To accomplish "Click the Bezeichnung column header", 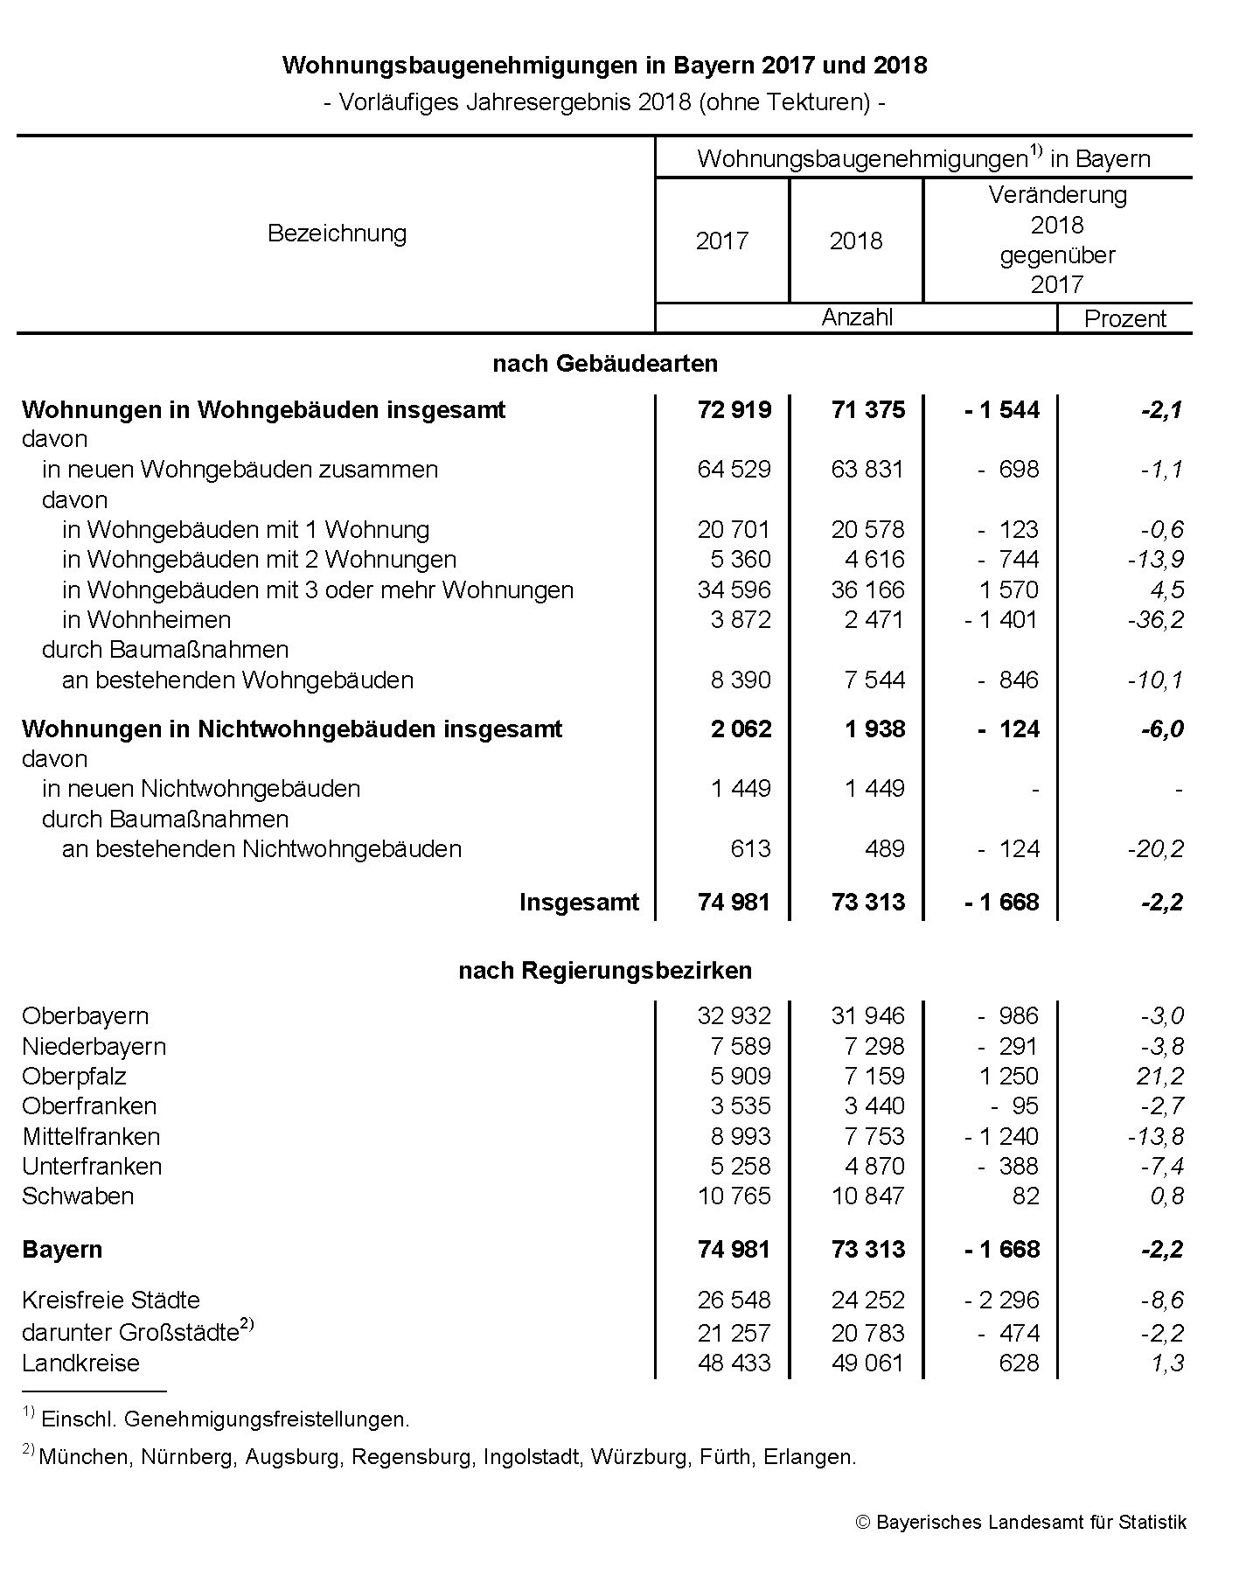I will pos(337,234).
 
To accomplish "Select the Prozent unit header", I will pos(1124,318).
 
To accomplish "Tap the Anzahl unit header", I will pos(857,317).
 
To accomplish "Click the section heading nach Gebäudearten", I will pos(605,363).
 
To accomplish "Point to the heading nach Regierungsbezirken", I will pos(605,970).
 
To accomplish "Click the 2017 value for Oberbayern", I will pos(734,1015).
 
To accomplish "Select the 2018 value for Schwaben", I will pos(868,1196).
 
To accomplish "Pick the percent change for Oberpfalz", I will pos(1160,1076).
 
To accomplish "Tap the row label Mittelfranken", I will pos(91,1136).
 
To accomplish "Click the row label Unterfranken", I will pos(92,1166).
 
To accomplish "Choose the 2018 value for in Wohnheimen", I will pos(874,619).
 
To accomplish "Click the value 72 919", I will pos(734,409).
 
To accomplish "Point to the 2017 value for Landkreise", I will pos(734,1363).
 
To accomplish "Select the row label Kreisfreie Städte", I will pos(111,1300).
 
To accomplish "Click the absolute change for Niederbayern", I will pos(1008,1046).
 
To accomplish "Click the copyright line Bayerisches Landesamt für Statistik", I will pos(1021,1522).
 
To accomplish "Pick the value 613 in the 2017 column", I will pos(752,848).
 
